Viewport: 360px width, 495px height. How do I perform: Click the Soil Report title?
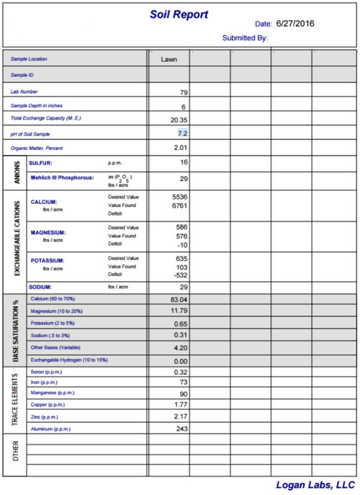[179, 14]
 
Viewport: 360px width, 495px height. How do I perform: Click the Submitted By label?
[245, 37]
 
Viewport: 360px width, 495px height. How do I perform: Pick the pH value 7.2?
[182, 133]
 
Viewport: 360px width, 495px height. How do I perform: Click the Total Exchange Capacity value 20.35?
[179, 120]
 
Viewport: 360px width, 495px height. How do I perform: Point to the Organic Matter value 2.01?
[180, 148]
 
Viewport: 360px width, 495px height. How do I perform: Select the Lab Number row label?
[25, 92]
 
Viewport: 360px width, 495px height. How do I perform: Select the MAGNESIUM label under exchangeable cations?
[48, 233]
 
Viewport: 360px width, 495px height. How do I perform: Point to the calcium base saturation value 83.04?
[179, 299]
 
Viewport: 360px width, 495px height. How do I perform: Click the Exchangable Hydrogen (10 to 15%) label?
[68, 360]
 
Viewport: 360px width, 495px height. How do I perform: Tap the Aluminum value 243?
[181, 428]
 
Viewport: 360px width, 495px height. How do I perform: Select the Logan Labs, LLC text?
[315, 485]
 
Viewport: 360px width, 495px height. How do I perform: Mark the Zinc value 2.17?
[180, 416]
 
